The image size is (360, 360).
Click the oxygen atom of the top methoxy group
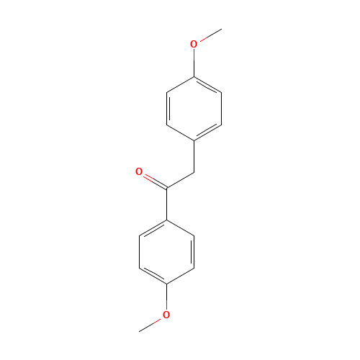[x=194, y=44]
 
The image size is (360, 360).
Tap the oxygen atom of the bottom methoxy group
[x=166, y=315]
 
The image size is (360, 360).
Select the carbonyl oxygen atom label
[x=139, y=172]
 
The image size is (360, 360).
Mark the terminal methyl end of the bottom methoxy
[x=140, y=330]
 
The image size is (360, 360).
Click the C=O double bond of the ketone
[x=153, y=180]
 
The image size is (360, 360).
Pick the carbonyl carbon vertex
[x=166, y=189]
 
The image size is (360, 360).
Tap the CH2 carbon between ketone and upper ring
[x=194, y=173]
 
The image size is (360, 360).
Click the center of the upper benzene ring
[x=194, y=108]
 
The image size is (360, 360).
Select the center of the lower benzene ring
[x=166, y=252]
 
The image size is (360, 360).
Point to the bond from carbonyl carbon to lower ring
[x=166, y=204]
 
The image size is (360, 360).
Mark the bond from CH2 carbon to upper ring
[x=194, y=156]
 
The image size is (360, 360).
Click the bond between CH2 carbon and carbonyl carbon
[x=180, y=181]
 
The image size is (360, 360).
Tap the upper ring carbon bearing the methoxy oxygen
[x=194, y=76]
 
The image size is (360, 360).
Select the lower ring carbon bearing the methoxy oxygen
[x=166, y=283]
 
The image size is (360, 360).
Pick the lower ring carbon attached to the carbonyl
[x=166, y=220]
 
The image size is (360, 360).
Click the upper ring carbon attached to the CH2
[x=194, y=140]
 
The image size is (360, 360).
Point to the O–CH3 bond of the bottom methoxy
[x=153, y=323]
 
